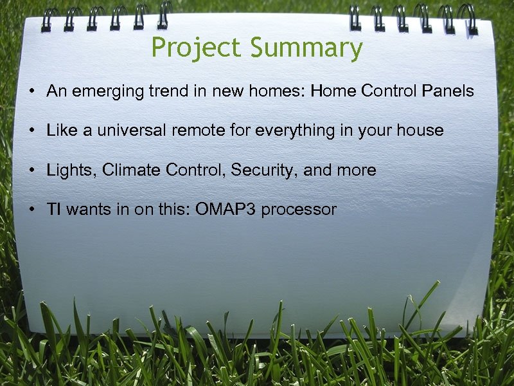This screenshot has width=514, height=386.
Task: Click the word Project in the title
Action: click(197, 49)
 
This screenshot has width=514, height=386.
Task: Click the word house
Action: click(420, 131)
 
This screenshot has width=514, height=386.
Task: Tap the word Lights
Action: click(71, 170)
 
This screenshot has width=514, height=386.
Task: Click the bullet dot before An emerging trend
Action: click(31, 92)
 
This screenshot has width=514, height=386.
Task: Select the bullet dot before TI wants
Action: click(31, 210)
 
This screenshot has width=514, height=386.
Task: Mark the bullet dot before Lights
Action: click(31, 170)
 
